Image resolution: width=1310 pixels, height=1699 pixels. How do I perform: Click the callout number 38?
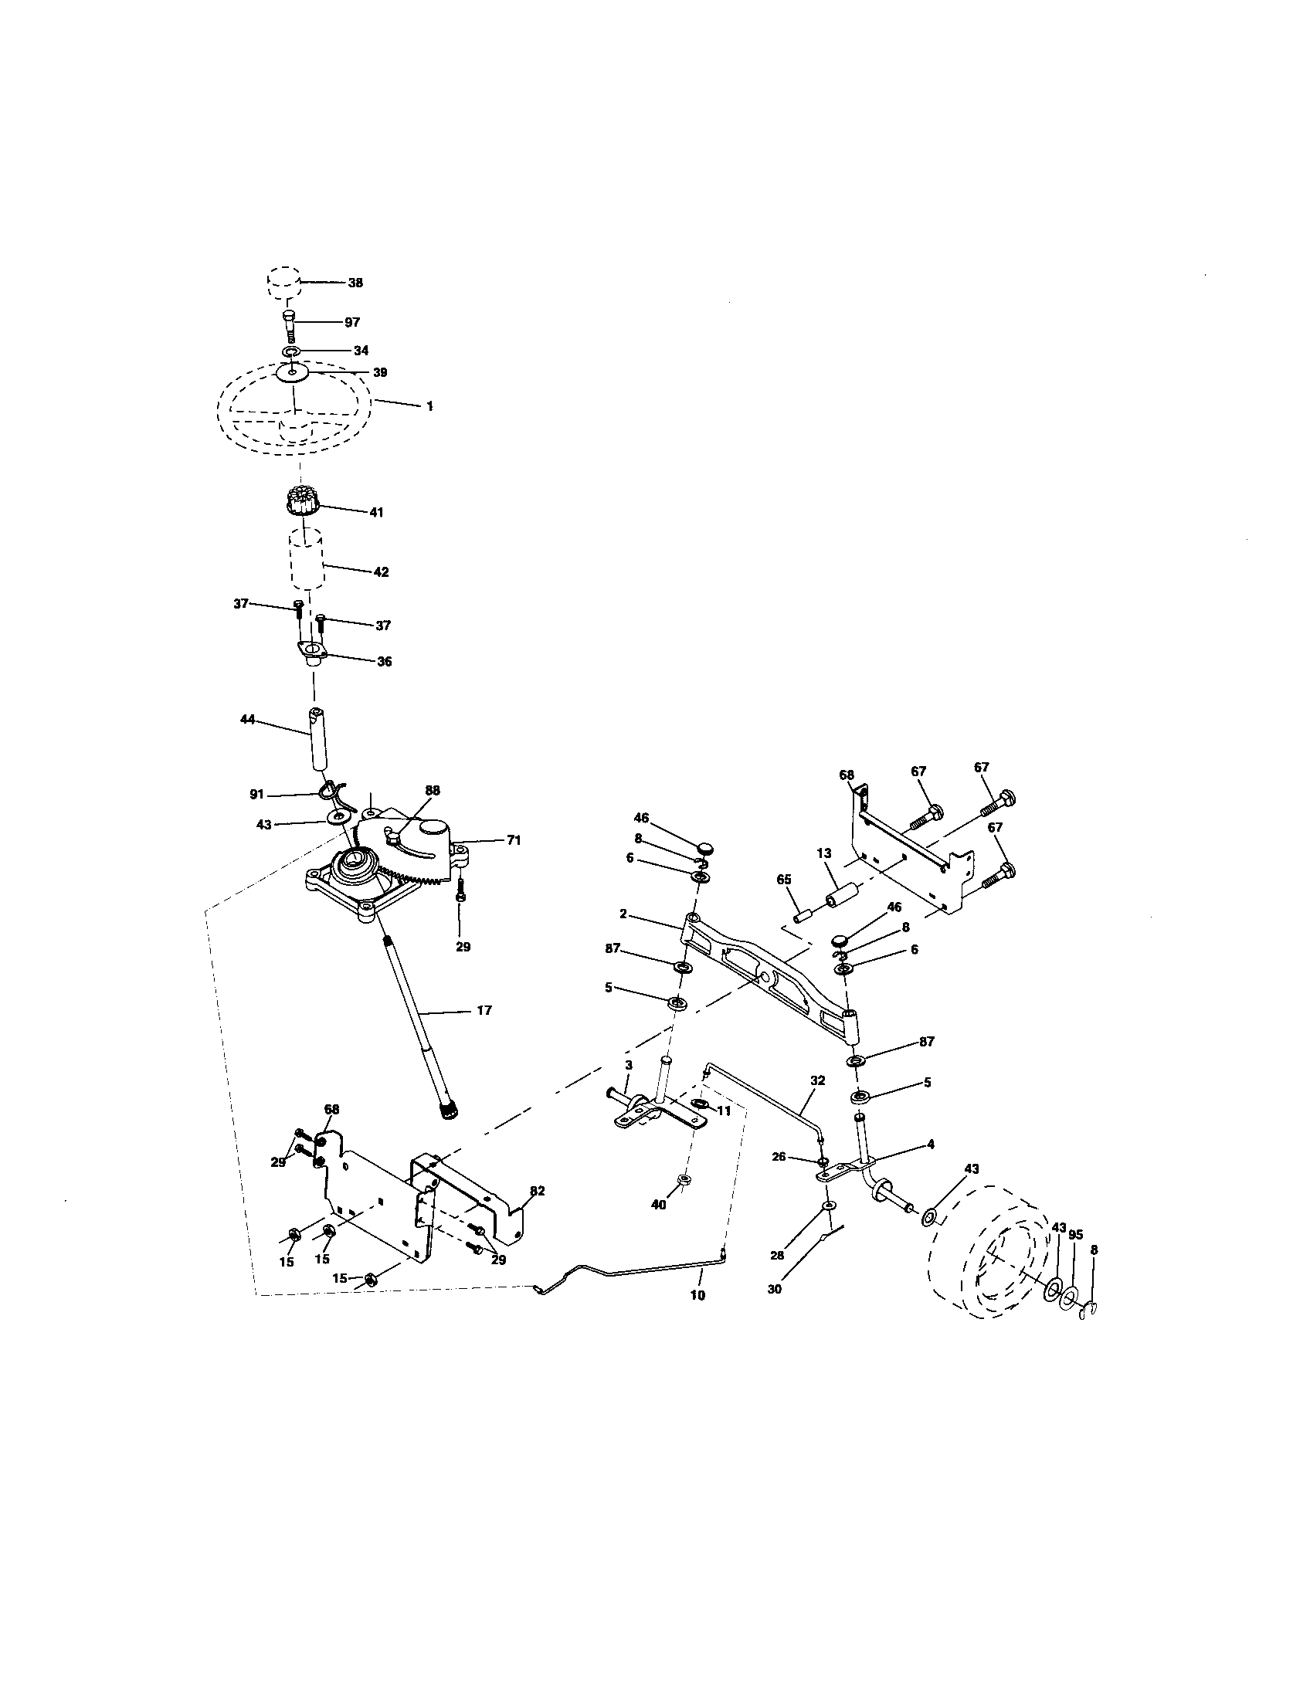(x=355, y=283)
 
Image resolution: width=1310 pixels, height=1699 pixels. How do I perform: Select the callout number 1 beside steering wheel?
(x=430, y=406)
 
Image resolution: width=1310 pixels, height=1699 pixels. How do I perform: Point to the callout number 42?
(x=380, y=571)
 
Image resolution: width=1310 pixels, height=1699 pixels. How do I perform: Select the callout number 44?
(x=247, y=721)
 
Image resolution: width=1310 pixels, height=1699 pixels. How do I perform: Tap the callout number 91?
(x=256, y=794)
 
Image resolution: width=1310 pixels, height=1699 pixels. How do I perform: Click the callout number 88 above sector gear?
(x=433, y=789)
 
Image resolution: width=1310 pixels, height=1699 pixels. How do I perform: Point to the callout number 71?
(x=514, y=840)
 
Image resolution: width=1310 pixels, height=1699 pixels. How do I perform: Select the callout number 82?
(x=537, y=1190)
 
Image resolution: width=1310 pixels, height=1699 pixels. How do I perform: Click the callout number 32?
(x=816, y=1080)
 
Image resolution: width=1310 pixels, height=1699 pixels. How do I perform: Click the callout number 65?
(x=783, y=878)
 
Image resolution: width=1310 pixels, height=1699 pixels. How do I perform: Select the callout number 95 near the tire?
(x=1076, y=1235)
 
